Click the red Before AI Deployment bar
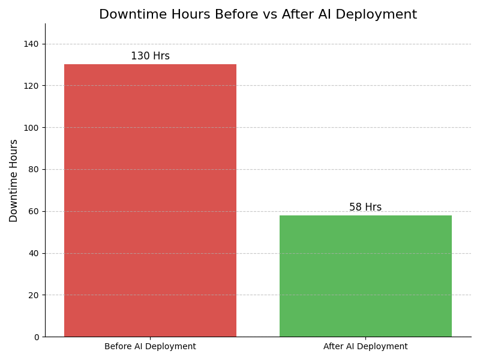click(x=150, y=200)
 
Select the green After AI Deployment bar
click(x=365, y=276)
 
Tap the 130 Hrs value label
click(x=150, y=56)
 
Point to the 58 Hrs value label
click(x=365, y=208)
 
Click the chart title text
click(x=258, y=15)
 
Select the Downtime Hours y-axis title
click(x=14, y=181)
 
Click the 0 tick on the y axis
click(x=36, y=337)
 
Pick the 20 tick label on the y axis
click(x=34, y=295)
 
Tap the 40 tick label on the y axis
click(x=34, y=253)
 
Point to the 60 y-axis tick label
click(x=34, y=211)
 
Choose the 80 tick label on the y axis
click(x=34, y=169)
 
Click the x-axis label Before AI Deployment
click(x=150, y=347)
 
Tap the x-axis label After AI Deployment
click(x=365, y=347)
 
